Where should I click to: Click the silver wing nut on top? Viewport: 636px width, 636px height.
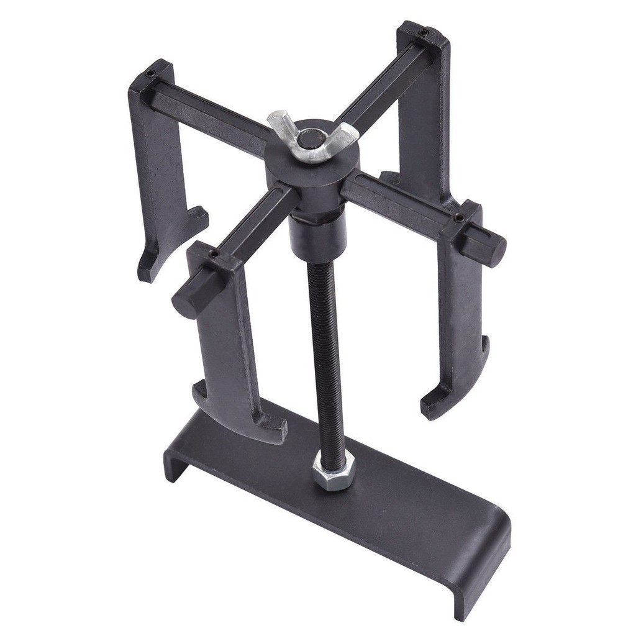pyautogui.click(x=312, y=137)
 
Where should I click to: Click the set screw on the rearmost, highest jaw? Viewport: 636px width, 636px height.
pyautogui.click(x=423, y=32)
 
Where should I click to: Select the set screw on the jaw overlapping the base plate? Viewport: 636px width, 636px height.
pyautogui.click(x=213, y=253)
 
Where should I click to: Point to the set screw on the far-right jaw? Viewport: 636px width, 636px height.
pyautogui.click(x=459, y=218)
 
